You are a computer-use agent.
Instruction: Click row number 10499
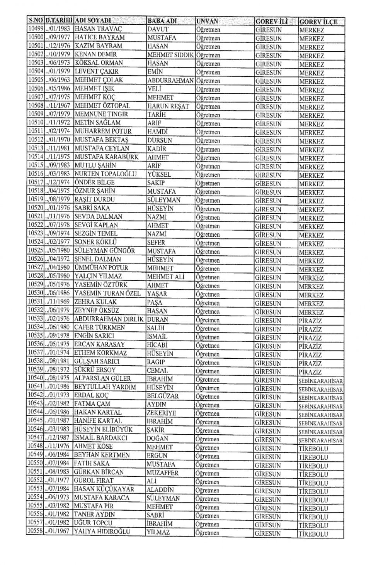click(35, 29)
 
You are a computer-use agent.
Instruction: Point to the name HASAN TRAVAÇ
click(93, 29)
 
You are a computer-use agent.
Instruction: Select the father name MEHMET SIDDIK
click(170, 55)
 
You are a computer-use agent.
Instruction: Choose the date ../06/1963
click(58, 80)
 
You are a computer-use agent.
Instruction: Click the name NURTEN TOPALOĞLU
click(106, 174)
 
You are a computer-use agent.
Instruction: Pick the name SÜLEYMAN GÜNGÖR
click(104, 251)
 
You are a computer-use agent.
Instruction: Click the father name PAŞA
click(155, 302)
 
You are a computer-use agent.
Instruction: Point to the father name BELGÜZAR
click(162, 396)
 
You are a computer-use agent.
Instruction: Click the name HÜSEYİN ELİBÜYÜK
click(103, 429)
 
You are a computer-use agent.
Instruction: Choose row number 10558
click(35, 531)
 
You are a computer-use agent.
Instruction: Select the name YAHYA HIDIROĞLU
click(102, 532)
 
